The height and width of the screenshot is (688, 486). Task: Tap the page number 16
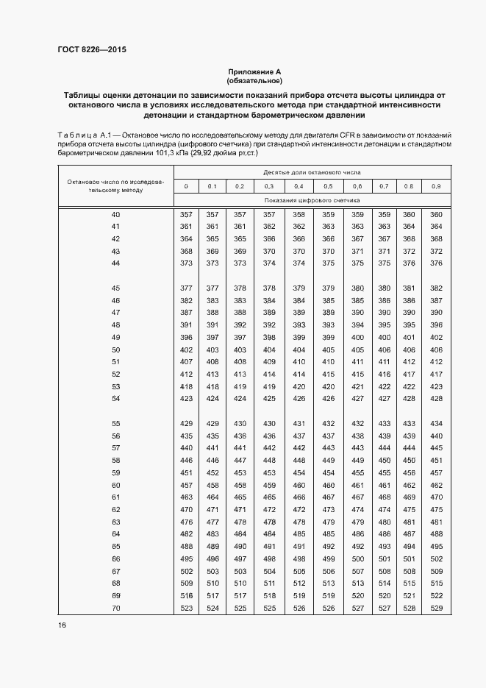[62, 625]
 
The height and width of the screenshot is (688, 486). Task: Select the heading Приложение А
[254, 71]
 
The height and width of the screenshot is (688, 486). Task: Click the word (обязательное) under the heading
[254, 80]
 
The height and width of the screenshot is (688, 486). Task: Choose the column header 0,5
[328, 186]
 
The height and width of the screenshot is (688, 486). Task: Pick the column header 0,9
[436, 186]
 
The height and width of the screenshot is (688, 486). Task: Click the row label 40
[115, 214]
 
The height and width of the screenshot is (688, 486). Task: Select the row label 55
[115, 423]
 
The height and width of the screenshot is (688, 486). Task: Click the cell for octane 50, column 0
[186, 350]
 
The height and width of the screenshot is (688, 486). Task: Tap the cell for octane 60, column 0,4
[299, 485]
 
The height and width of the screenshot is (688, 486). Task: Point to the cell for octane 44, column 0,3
[269, 263]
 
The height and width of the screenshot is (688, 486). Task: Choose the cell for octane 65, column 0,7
[384, 546]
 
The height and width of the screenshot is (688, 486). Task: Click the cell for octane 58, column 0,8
[409, 460]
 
